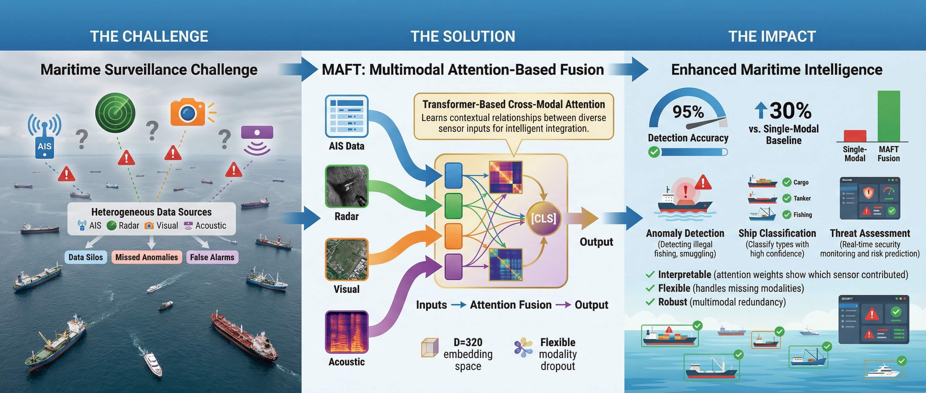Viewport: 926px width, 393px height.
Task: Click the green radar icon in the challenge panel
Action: coord(115,113)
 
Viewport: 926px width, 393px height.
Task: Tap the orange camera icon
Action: coord(188,113)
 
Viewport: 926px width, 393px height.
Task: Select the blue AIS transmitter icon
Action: coord(44,137)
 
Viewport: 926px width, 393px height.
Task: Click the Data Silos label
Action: coord(86,257)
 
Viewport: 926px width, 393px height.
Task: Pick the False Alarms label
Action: coord(212,257)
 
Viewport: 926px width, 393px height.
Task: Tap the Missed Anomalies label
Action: coord(146,257)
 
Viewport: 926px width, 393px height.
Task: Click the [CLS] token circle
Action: coord(543,218)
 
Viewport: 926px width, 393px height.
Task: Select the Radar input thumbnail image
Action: coord(347,186)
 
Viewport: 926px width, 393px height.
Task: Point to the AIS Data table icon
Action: coord(347,116)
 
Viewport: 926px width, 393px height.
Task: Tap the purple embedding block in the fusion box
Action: coord(453,266)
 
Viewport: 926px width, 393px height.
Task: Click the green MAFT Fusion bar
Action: coord(889,116)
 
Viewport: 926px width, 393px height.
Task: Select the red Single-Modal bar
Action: coord(855,136)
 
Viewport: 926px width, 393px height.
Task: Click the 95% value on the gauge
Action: coord(688,112)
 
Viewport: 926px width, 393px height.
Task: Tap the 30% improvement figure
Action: coord(790,111)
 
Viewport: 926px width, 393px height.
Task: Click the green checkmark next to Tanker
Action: coord(787,198)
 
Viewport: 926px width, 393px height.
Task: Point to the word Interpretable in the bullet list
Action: coord(685,275)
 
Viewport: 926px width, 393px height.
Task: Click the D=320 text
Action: coord(468,342)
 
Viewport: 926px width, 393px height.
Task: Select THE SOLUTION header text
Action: coord(463,36)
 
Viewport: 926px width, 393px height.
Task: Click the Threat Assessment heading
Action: coord(870,233)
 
